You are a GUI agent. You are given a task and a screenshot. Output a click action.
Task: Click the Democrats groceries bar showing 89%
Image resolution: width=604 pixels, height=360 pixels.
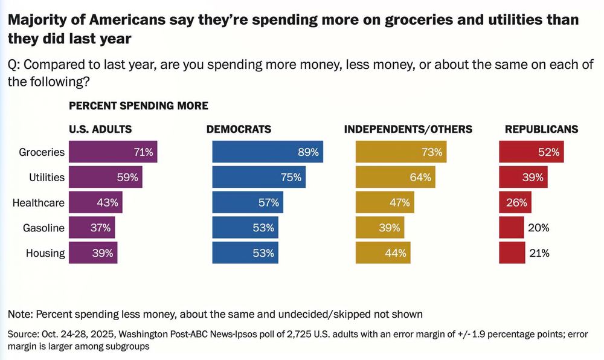pyautogui.click(x=268, y=152)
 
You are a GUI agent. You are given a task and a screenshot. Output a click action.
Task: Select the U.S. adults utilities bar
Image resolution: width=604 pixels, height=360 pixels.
pyautogui.click(x=106, y=178)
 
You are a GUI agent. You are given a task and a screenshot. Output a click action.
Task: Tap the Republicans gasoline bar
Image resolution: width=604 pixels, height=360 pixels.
pyautogui.click(x=511, y=228)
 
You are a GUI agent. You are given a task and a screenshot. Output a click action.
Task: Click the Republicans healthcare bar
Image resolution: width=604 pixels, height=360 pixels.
pyautogui.click(x=514, y=202)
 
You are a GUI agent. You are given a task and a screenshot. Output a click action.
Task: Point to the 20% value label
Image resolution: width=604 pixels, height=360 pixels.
pyautogui.click(x=538, y=228)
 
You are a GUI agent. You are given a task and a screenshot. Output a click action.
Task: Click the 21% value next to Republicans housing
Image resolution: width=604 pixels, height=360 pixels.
pyautogui.click(x=539, y=253)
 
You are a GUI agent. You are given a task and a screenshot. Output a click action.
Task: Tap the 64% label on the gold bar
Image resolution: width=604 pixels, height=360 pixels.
pyautogui.click(x=420, y=178)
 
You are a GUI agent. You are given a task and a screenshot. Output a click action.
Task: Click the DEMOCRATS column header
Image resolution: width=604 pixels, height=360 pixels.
pyautogui.click(x=239, y=129)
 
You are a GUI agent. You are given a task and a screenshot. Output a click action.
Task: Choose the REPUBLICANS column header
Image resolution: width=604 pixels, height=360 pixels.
pyautogui.click(x=541, y=129)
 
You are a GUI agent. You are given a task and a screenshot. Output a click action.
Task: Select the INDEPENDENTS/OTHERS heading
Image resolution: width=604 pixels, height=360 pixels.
pyautogui.click(x=408, y=129)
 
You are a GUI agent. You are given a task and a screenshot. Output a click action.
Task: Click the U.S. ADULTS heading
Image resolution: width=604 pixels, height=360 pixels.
pyautogui.click(x=100, y=129)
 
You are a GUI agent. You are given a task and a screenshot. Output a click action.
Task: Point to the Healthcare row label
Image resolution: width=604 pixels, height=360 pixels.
pyautogui.click(x=39, y=203)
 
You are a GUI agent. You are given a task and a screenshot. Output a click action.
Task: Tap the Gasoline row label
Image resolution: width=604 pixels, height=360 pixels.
pyautogui.click(x=43, y=228)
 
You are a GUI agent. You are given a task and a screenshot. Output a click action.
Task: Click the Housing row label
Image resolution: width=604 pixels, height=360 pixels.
pyautogui.click(x=45, y=253)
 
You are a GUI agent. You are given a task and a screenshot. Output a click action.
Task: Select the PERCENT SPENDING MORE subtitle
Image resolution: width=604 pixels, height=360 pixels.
pyautogui.click(x=138, y=106)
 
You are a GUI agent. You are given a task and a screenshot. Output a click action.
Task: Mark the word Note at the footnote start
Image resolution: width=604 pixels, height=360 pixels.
pyautogui.click(x=20, y=314)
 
